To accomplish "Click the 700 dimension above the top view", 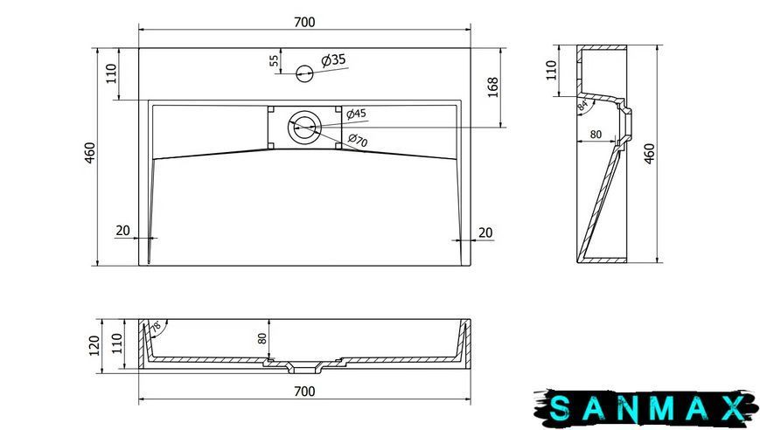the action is (x=304, y=22).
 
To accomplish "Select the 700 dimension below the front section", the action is (x=304, y=392).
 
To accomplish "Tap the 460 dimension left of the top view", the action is (x=91, y=153).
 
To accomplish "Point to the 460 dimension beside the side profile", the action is (x=650, y=154).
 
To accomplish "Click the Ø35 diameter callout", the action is (x=333, y=60).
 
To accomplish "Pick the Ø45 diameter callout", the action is (x=356, y=114).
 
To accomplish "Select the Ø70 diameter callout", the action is (x=358, y=140).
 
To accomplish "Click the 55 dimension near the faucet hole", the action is (x=274, y=60).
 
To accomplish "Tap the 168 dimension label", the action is (x=493, y=87).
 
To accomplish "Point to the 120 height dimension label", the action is (x=95, y=346).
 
